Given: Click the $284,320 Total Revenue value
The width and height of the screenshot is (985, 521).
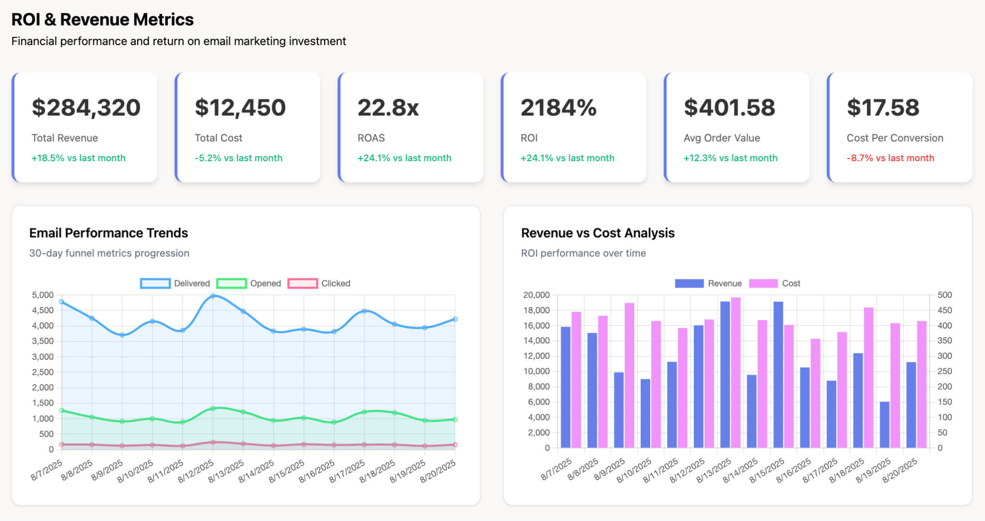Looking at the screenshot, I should (x=86, y=107).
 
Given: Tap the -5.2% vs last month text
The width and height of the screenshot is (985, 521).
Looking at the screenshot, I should (x=238, y=158).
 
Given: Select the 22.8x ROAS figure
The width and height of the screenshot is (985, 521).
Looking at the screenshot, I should (x=388, y=107).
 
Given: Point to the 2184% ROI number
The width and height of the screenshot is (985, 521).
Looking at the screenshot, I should (x=558, y=107).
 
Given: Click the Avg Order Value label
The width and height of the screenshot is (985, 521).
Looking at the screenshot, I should (x=721, y=138).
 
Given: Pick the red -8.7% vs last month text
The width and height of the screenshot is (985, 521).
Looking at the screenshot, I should (x=890, y=158).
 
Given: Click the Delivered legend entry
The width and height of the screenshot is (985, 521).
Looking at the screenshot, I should (x=176, y=283).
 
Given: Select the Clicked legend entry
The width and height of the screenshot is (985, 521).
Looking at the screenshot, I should (x=319, y=283).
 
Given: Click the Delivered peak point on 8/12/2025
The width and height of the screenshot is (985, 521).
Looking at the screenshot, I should (x=213, y=296).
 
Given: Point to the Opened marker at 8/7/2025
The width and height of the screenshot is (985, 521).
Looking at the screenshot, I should (x=62, y=410).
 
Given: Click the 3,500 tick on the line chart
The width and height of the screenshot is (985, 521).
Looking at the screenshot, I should (x=43, y=341).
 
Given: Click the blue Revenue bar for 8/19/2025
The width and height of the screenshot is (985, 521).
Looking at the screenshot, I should (x=884, y=425).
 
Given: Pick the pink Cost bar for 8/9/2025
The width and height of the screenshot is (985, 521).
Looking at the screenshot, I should (x=629, y=375).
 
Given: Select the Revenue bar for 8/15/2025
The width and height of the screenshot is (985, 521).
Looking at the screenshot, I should (x=778, y=375).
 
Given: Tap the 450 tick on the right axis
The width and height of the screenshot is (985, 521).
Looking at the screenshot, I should (x=945, y=310).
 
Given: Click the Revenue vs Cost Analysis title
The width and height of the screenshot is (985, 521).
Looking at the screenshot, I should (x=598, y=233).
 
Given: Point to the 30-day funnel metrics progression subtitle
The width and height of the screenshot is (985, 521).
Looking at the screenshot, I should (x=109, y=253).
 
